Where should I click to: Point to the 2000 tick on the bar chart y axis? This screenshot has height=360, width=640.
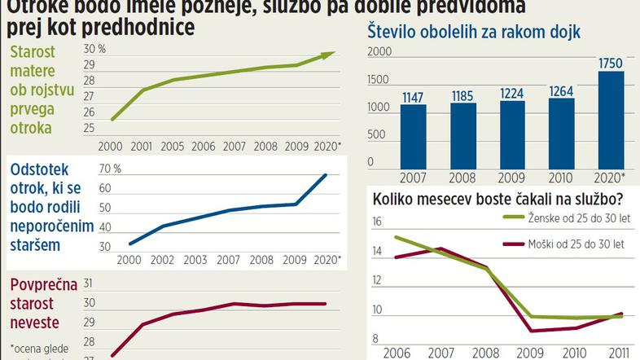tap(379, 53)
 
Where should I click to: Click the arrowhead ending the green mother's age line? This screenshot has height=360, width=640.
tap(327, 55)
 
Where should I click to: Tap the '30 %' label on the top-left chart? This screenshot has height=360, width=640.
tap(95, 48)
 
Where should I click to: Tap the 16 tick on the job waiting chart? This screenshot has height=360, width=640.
tap(377, 222)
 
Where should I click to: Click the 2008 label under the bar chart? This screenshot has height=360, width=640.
tap(462, 177)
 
